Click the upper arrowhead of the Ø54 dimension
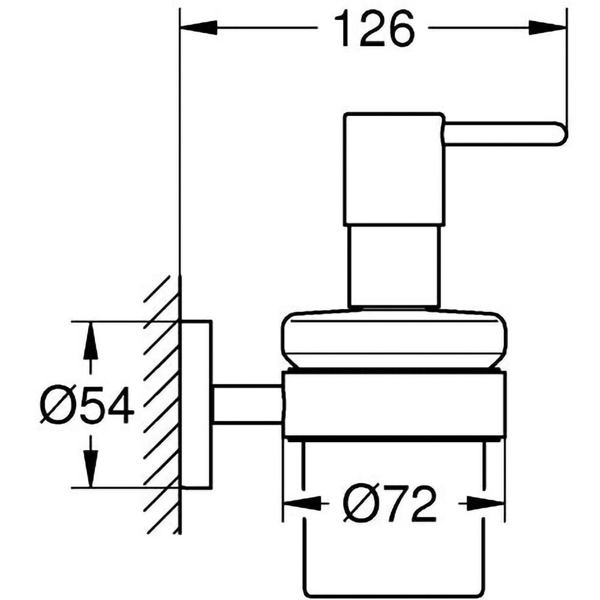[x=90, y=340]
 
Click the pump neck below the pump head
[x=392, y=267]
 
